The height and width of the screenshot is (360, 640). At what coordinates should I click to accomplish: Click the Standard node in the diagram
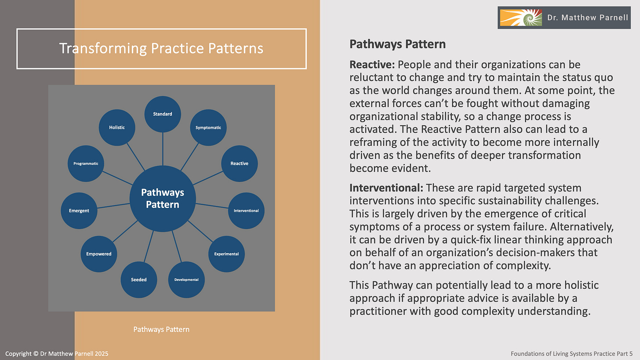(x=163, y=114)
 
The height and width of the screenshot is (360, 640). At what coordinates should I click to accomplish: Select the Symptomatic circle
(x=208, y=127)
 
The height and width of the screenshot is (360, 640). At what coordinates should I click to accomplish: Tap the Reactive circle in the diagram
(x=240, y=164)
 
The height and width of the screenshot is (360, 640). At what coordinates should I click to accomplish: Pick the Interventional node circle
(x=246, y=211)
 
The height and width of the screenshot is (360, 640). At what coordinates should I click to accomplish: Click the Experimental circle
(x=226, y=254)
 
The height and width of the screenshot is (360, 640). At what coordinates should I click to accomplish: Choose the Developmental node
(x=186, y=280)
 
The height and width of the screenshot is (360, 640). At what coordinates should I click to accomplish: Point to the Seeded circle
(x=139, y=280)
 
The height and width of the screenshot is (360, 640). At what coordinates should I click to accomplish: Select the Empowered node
(x=99, y=254)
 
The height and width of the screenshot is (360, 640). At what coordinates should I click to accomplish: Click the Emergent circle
(x=79, y=211)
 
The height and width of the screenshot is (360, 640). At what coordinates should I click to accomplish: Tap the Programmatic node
(x=86, y=164)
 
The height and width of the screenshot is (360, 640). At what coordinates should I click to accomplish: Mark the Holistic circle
(x=117, y=127)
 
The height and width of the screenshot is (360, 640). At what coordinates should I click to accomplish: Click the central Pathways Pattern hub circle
(x=163, y=198)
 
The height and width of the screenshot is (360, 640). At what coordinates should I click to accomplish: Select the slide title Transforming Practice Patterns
(x=161, y=48)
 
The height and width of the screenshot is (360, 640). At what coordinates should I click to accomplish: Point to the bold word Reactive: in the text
(x=372, y=65)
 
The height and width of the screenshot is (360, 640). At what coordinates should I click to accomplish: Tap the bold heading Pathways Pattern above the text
(x=397, y=44)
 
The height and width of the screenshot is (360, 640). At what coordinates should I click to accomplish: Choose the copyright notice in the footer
(x=57, y=353)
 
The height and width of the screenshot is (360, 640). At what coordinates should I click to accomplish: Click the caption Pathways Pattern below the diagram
(x=161, y=329)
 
